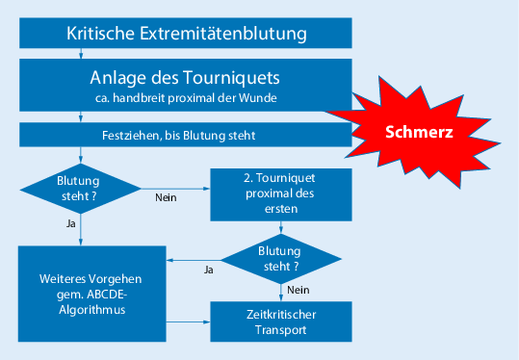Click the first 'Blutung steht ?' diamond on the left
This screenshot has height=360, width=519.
pyautogui.click(x=81, y=186)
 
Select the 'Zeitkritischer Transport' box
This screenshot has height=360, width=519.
pyautogui.click(x=281, y=321)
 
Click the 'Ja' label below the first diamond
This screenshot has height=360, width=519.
pyautogui.click(x=70, y=223)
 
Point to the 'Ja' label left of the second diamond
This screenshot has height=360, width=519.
pyautogui.click(x=207, y=270)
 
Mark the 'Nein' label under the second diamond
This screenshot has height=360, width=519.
pyautogui.click(x=298, y=290)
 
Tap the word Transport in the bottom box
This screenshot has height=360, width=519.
pyautogui.click(x=281, y=329)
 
